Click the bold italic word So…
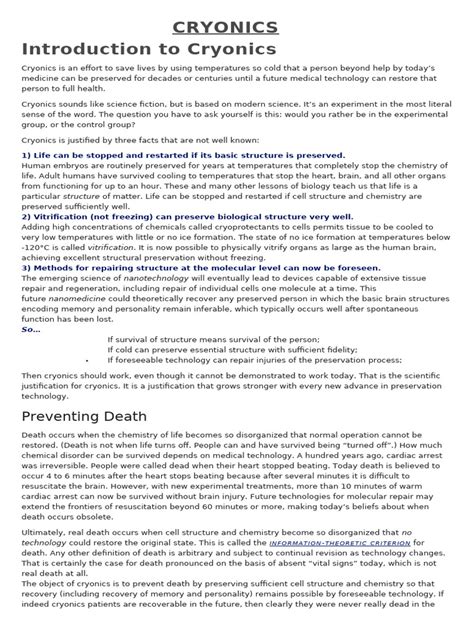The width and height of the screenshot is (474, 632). tap(31, 328)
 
